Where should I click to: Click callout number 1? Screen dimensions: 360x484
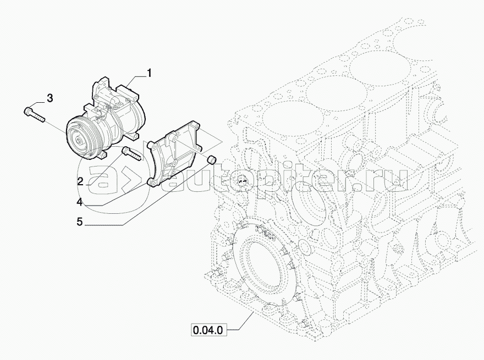pyautogui.click(x=149, y=72)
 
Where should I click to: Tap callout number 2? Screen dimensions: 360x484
pyautogui.click(x=80, y=181)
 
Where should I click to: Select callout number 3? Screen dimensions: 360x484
pyautogui.click(x=50, y=99)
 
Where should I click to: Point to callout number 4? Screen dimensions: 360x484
pyautogui.click(x=80, y=202)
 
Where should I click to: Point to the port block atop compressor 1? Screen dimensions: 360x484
pyautogui.click(x=105, y=88)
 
